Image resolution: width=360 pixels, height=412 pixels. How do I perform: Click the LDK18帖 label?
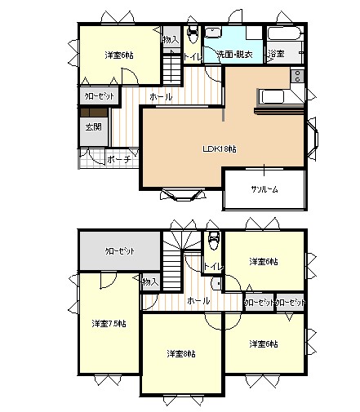pos(220,149)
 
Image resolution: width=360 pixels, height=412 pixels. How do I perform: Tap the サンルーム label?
pos(264,189)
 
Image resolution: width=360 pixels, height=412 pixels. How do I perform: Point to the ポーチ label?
pos(118,160)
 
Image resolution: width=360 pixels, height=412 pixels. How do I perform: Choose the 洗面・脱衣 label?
pos(233,55)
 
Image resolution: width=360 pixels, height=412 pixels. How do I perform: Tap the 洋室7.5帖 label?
pos(109,323)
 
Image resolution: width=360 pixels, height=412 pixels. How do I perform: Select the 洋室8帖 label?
pos(181,353)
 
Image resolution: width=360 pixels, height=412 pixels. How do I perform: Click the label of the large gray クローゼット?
pos(119,251)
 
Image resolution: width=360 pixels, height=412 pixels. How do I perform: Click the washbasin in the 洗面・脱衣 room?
pos(215,33)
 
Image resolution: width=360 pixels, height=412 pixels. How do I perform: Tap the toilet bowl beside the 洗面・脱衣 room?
pos(193,35)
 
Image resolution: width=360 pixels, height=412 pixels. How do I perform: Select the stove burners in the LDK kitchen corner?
pos(297,77)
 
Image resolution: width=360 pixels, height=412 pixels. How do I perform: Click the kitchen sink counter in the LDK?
pos(280,96)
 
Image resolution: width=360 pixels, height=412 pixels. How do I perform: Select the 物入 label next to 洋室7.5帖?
pos(149,281)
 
